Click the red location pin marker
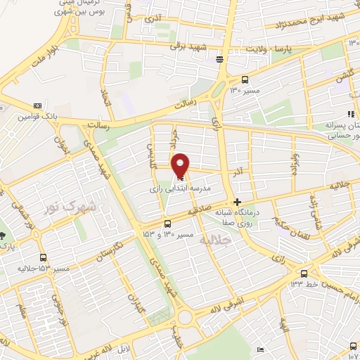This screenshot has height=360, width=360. (x=181, y=165)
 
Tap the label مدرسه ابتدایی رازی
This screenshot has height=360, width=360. (x=181, y=189)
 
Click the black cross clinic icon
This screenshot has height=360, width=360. (x=237, y=201)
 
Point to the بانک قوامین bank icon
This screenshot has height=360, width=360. (x=37, y=105)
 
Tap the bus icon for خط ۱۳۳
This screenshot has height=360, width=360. (x=304, y=273)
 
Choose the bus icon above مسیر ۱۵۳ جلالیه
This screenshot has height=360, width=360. (x=44, y=257)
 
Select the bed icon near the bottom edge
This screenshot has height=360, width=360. (x=261, y=349)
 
